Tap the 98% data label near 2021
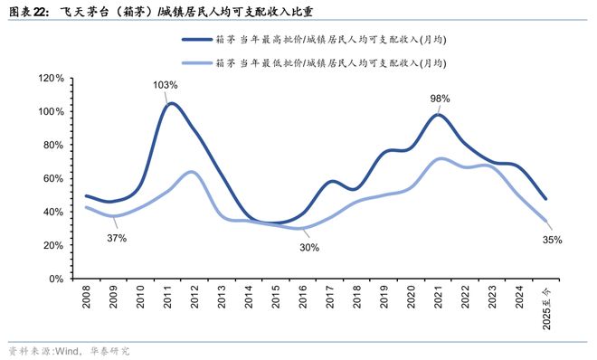(x=441, y=98)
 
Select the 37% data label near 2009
(x=116, y=238)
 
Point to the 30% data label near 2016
(x=309, y=247)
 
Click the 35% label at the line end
(x=553, y=240)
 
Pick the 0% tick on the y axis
(x=56, y=279)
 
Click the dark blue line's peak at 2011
(x=170, y=103)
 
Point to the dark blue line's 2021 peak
(x=439, y=114)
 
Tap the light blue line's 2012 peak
(x=192, y=172)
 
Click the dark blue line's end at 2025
(x=546, y=199)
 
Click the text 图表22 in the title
(x=27, y=11)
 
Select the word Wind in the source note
(x=69, y=349)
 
